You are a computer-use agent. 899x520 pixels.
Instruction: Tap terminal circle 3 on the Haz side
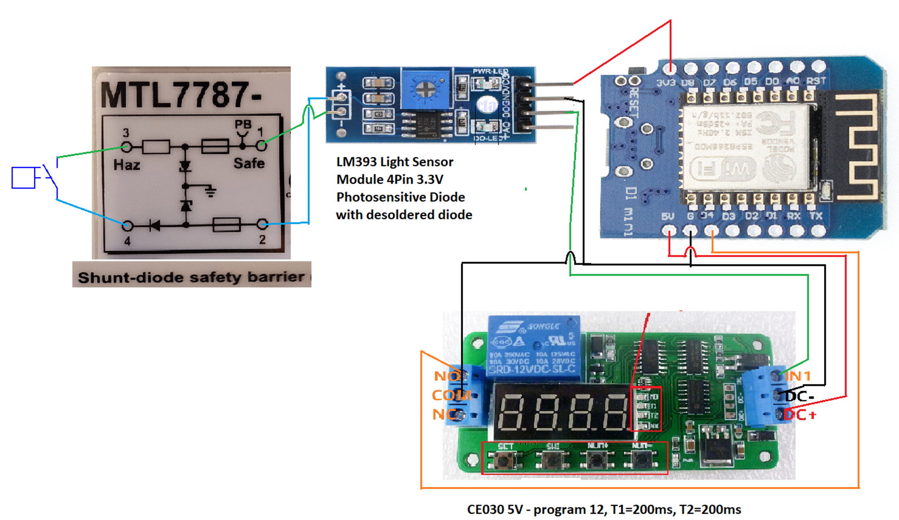point(126,147)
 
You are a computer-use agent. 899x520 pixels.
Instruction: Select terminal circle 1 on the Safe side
point(262,145)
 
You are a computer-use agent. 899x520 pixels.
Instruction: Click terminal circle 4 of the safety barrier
point(127,226)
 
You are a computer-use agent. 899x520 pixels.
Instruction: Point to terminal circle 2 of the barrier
point(262,224)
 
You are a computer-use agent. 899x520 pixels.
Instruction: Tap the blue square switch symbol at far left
point(23,178)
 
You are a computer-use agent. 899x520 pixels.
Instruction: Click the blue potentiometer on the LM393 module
point(425,89)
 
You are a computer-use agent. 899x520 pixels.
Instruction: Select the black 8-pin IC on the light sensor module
point(427,124)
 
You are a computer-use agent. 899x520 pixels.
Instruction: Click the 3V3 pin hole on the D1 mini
point(670,67)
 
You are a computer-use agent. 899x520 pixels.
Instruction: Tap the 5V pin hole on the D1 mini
point(669,231)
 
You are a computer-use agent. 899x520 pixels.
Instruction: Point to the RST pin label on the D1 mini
point(816,81)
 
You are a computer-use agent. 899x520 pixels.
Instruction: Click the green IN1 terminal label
point(798,376)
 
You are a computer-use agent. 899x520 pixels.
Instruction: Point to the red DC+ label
point(799,415)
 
